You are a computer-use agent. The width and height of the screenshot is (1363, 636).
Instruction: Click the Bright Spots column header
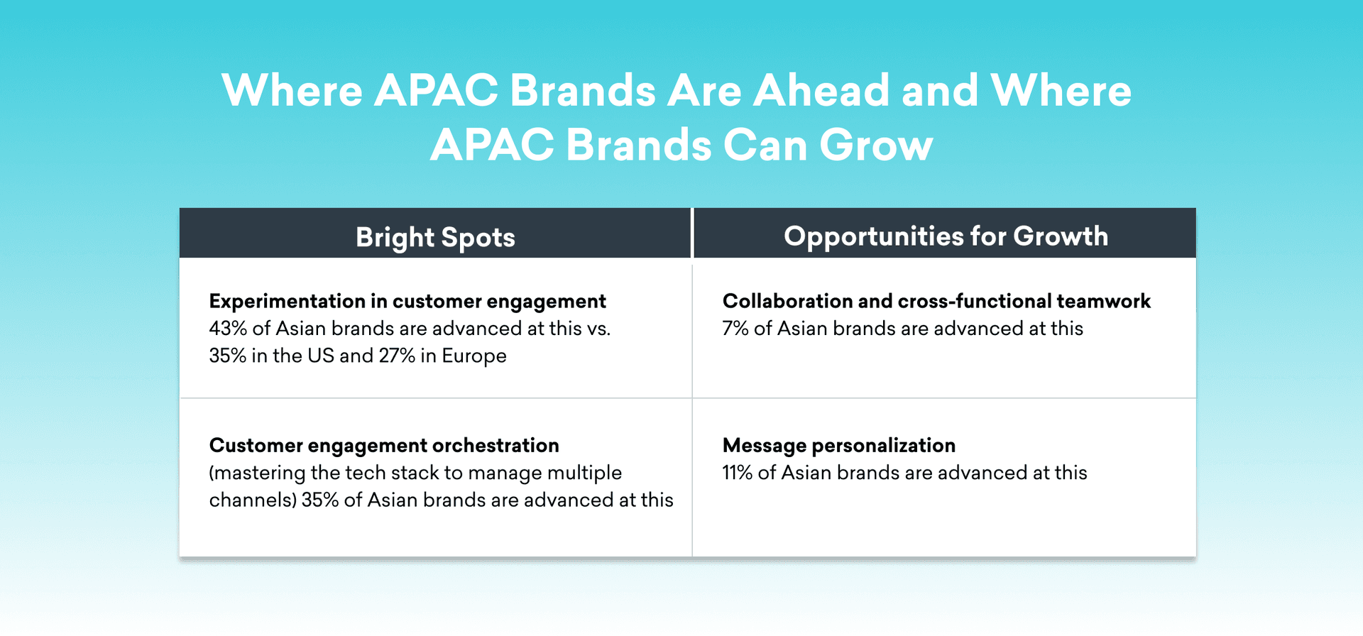click(435, 237)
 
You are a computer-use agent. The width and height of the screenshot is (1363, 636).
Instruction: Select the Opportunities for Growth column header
click(946, 236)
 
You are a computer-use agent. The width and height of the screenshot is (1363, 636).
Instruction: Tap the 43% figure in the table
click(228, 329)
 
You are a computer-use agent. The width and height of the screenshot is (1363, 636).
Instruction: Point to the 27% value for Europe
click(397, 356)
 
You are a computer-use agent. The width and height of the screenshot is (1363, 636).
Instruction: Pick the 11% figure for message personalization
click(738, 473)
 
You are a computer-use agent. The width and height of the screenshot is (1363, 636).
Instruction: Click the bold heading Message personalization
click(839, 446)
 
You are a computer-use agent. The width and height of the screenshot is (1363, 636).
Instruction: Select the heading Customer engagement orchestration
click(384, 446)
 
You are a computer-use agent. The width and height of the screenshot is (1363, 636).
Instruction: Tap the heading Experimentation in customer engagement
click(407, 302)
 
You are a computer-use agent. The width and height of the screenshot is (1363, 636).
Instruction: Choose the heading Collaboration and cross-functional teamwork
click(936, 301)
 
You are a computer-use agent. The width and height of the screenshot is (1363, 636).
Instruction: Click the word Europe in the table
click(474, 356)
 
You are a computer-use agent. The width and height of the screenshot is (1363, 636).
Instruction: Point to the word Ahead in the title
click(821, 91)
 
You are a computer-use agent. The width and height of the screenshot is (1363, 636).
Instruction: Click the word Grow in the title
click(876, 146)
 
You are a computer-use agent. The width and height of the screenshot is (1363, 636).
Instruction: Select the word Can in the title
click(765, 146)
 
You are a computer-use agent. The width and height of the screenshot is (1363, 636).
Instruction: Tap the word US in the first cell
click(321, 356)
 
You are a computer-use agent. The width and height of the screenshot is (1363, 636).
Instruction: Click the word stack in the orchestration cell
click(415, 473)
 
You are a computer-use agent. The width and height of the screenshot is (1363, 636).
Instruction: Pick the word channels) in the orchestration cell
click(253, 500)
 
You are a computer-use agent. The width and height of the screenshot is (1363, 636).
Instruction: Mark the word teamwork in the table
click(1103, 301)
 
